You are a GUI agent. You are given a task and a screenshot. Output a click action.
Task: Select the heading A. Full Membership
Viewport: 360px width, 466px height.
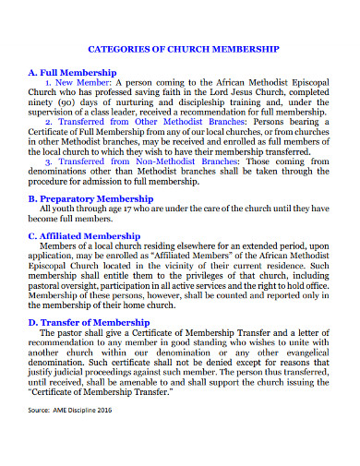73,71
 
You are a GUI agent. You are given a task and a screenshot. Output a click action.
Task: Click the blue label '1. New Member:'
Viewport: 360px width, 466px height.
78,81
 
